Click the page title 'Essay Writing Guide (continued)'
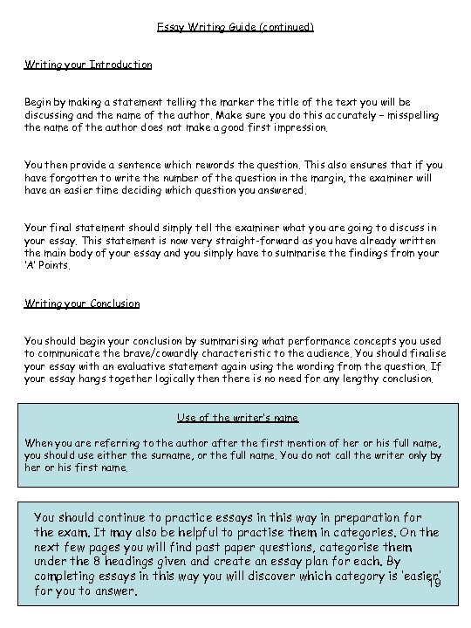235,27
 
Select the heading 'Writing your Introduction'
88,65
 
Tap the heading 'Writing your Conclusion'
82,304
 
